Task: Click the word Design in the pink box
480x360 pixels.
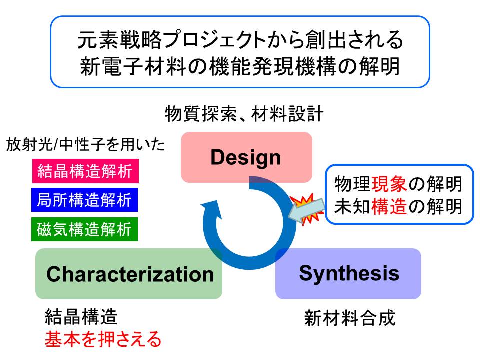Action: click(x=246, y=158)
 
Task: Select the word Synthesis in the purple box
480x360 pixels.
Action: click(x=349, y=273)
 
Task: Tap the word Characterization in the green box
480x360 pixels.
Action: click(x=130, y=274)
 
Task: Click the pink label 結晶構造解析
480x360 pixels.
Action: click(x=85, y=171)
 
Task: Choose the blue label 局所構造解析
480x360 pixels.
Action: click(x=85, y=200)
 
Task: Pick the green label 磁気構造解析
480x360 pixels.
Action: click(x=85, y=229)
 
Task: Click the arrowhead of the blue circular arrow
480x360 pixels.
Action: click(x=212, y=209)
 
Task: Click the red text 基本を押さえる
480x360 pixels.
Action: click(x=103, y=339)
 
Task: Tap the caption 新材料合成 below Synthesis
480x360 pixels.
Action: click(x=350, y=318)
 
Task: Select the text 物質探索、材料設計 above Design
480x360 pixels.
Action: click(x=244, y=114)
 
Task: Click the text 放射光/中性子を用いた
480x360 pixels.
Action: click(x=85, y=144)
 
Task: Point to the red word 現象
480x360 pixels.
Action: click(x=389, y=184)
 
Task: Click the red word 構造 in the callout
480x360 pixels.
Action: click(x=389, y=206)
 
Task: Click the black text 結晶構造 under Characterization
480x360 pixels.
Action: click(x=81, y=316)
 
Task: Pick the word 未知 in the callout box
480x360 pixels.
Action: click(x=352, y=206)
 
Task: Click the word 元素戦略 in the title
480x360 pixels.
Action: click(x=119, y=40)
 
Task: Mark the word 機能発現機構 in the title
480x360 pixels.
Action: click(x=272, y=66)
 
